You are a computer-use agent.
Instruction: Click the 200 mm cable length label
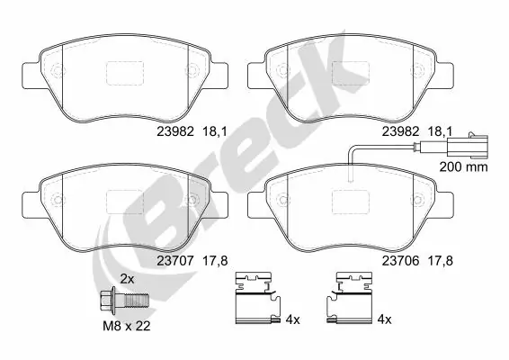(x=462, y=167)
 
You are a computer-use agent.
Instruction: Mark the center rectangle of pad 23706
(x=350, y=202)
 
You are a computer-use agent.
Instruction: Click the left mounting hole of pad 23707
(x=56, y=200)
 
